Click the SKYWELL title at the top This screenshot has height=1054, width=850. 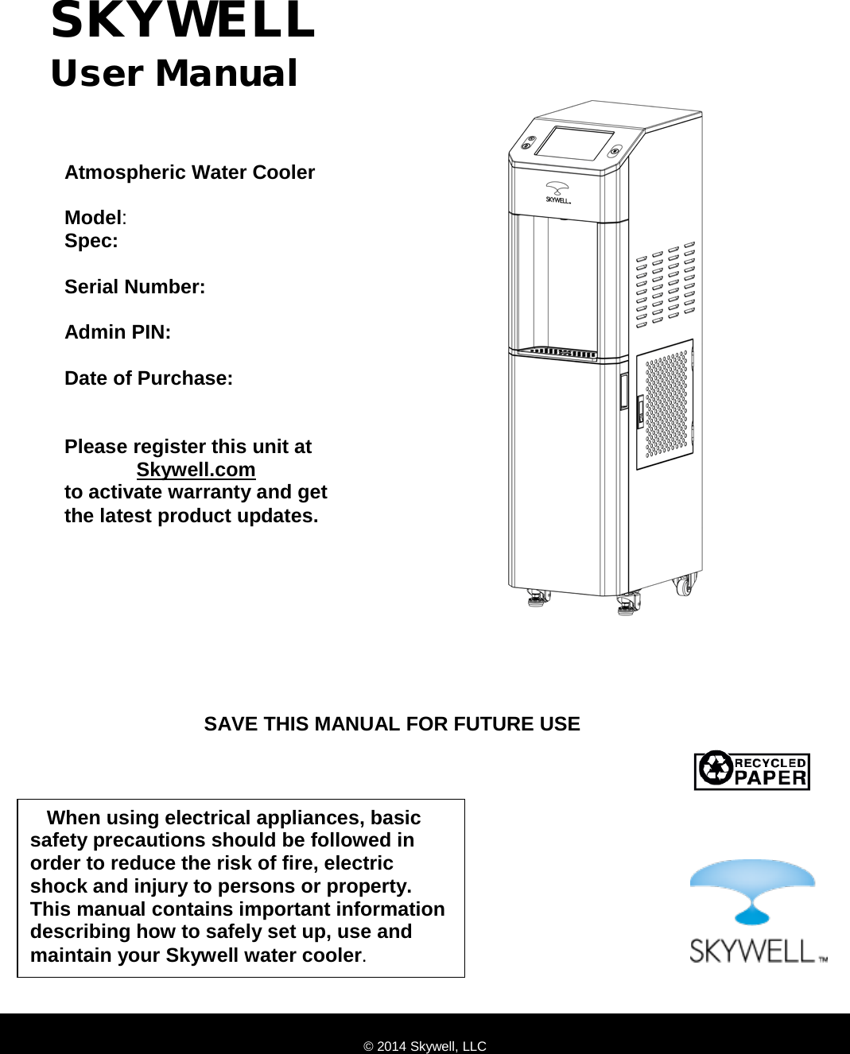coord(183,21)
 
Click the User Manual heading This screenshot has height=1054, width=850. coord(173,73)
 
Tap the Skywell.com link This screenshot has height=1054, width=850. coord(196,470)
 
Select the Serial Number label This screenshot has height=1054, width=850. coord(134,287)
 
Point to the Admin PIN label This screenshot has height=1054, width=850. coord(118,332)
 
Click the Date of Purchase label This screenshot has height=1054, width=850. coord(149,378)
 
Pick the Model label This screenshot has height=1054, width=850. coord(94,218)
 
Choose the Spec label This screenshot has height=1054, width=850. coord(91,241)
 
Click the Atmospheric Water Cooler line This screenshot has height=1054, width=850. coord(189,172)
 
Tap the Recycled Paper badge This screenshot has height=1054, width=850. coord(751,771)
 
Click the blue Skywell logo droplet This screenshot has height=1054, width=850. coord(751,890)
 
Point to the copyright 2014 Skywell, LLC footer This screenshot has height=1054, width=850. coord(425,1046)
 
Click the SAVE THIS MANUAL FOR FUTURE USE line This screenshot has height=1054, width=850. coord(392,724)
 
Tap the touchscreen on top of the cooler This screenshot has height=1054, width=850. coord(574,142)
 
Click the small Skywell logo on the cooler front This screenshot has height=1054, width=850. coord(557,193)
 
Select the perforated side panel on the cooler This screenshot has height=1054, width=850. coord(665,405)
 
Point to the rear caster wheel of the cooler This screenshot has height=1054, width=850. coord(683,587)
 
